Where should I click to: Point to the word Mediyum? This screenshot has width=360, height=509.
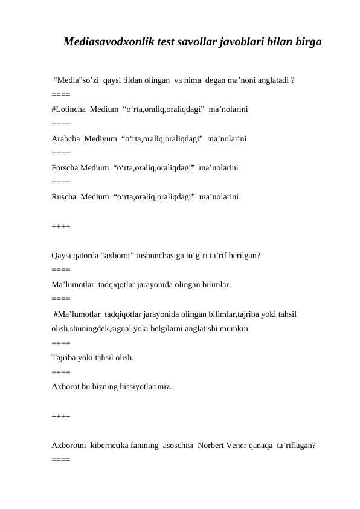(x=103, y=138)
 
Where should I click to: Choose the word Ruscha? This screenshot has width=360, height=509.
(x=64, y=196)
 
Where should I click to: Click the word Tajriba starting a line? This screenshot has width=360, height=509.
(x=66, y=357)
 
